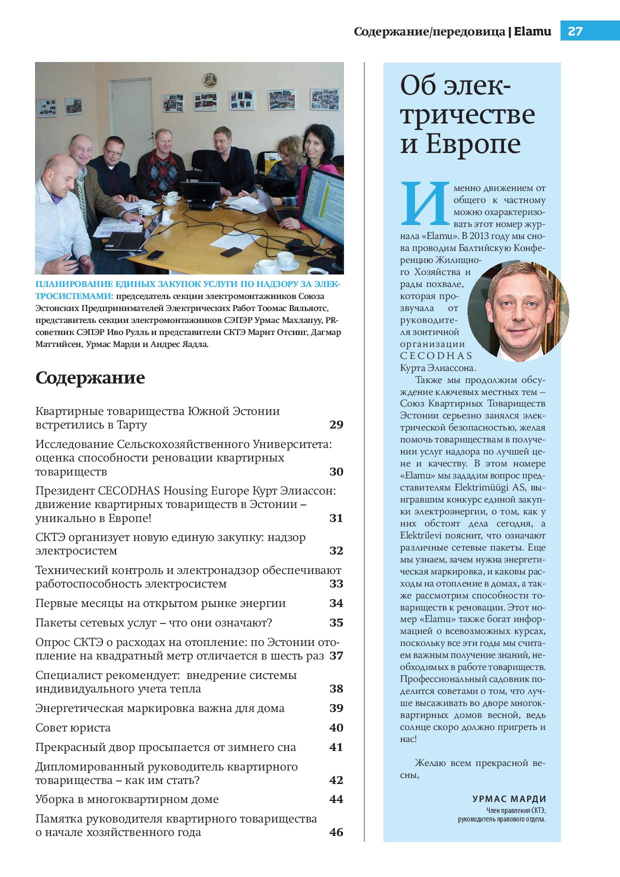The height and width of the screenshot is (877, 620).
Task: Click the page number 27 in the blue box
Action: pos(575,31)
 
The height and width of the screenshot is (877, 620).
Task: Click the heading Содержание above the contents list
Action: pos(90,377)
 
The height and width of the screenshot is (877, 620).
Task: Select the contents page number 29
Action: pos(336,425)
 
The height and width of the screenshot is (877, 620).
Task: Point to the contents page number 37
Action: pos(336,655)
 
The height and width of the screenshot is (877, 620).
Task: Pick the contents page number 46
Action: pos(336,832)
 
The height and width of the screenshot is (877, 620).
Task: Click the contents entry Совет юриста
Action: pos(73,727)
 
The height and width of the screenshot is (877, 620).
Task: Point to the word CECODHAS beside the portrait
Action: pos(436,356)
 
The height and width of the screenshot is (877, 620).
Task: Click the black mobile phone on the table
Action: pos(230,251)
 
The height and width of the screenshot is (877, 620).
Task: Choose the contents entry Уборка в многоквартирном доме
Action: pos(127,799)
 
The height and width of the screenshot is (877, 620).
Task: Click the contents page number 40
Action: pos(336,727)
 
